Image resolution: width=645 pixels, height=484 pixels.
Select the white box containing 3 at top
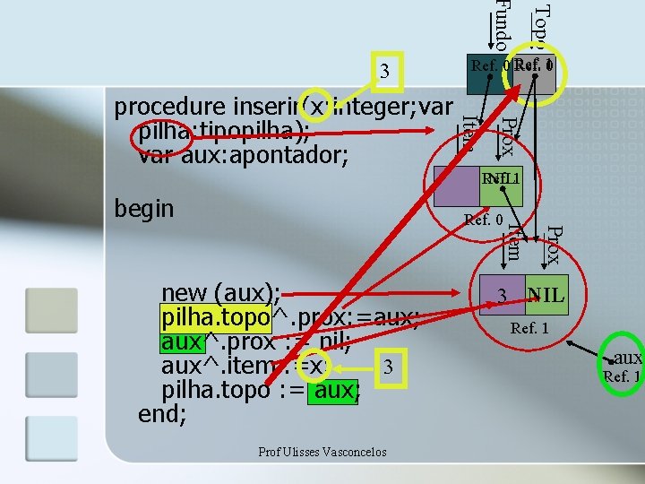click(383, 71)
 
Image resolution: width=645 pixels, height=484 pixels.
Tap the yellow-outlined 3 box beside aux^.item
click(387, 367)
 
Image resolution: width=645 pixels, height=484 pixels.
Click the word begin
click(144, 209)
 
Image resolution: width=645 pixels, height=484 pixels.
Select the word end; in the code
click(162, 415)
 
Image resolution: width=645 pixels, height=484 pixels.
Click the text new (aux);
click(220, 293)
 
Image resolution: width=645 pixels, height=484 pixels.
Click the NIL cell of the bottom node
click(546, 295)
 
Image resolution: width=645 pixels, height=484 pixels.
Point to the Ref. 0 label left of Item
click(482, 219)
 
